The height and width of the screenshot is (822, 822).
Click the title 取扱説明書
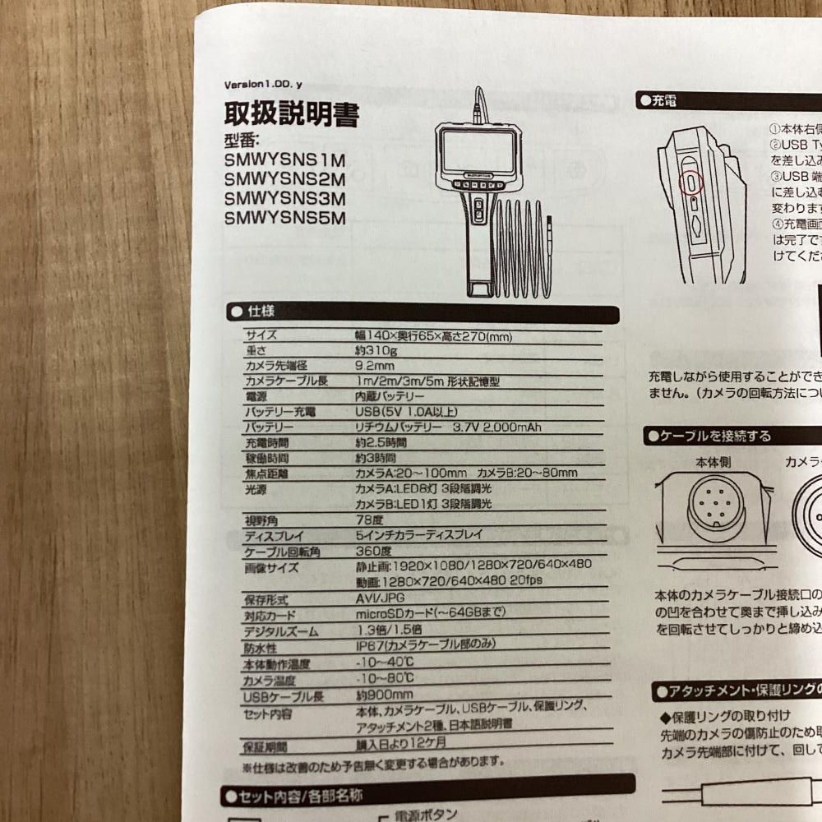[x=291, y=113]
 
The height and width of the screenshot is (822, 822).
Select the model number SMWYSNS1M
[x=284, y=159]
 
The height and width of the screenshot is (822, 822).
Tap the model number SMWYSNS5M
[x=284, y=218]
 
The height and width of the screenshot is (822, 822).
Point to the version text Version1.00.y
[x=268, y=85]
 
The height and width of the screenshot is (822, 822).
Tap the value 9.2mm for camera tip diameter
[x=375, y=366]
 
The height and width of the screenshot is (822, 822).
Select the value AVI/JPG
[x=380, y=598]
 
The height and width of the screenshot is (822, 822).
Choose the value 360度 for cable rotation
[x=373, y=550]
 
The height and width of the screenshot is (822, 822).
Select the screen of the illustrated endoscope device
[x=473, y=153]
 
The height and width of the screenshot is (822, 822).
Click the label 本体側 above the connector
[x=711, y=463]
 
